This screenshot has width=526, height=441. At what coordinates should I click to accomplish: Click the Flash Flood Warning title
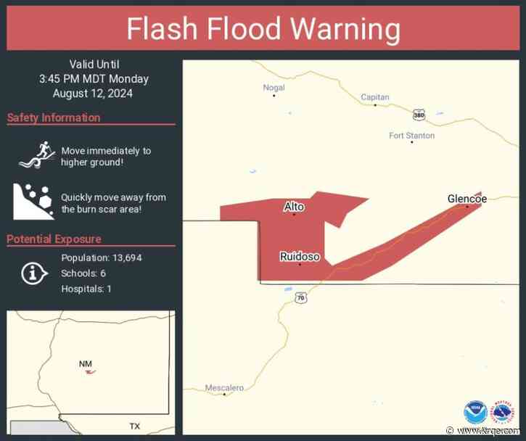[x=263, y=30]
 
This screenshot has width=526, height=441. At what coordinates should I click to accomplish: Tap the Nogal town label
[x=274, y=88]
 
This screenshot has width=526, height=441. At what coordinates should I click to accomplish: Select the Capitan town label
[x=375, y=97]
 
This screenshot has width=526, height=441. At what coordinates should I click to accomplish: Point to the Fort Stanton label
[x=411, y=136]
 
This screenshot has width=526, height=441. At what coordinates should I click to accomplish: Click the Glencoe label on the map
[x=467, y=198]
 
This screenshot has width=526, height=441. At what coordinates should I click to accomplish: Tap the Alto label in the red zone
[x=294, y=207]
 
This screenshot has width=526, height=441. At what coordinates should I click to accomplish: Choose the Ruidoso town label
[x=300, y=256]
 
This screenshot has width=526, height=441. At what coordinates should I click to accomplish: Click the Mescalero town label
[x=224, y=388]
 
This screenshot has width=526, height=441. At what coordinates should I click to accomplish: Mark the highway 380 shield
[x=418, y=115]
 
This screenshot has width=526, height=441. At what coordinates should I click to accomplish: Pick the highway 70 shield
[x=300, y=298]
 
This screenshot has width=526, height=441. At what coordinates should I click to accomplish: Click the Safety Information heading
[x=54, y=118]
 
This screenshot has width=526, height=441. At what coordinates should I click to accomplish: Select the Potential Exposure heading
[x=54, y=239]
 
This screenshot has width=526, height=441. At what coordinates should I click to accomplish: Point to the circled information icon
[x=32, y=273]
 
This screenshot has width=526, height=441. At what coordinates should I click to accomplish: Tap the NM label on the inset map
[x=86, y=363]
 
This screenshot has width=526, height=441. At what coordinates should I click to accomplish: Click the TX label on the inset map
[x=134, y=426]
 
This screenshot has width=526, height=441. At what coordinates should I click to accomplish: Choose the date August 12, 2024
[x=92, y=93]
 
